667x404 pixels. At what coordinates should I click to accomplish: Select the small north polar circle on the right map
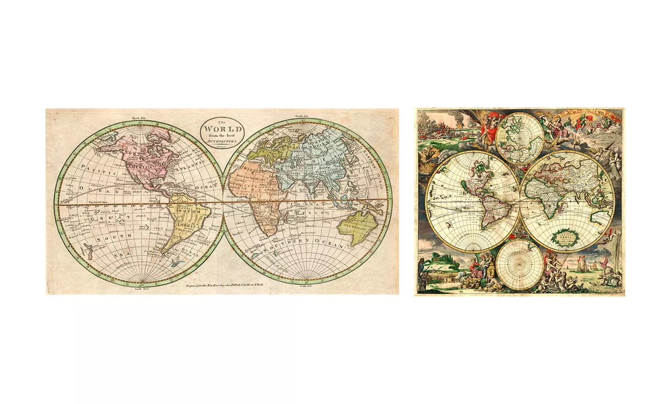[x=520, y=138]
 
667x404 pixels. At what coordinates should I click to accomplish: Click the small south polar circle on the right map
[x=520, y=265]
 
